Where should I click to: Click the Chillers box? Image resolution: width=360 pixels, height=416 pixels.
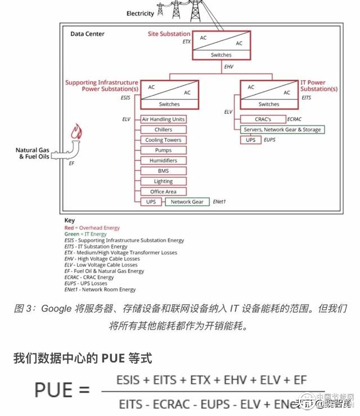coord(163,130)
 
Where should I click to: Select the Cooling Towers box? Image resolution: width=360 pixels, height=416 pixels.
coord(163,140)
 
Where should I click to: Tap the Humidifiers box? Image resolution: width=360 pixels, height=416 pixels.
coord(163,161)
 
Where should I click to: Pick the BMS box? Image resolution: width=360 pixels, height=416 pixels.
coord(163,171)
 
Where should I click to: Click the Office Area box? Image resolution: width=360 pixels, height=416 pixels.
coord(163,192)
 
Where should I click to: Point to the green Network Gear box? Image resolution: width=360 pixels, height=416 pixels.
coord(187,202)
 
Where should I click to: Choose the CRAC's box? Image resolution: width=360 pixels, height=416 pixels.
coord(263,119)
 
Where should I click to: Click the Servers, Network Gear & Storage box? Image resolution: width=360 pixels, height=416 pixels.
coord(282,130)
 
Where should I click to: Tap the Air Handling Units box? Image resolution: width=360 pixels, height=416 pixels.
coord(163,119)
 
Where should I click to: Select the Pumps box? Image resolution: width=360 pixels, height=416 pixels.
coord(163,151)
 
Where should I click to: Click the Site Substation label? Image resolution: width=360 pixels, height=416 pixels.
coord(169,34)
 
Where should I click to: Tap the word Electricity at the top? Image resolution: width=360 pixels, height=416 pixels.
coord(140,13)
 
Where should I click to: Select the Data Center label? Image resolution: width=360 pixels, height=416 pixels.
coord(87,34)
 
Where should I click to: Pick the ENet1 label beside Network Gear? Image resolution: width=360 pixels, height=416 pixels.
coord(219,201)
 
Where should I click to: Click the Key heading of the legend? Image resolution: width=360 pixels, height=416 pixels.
coord(69,220)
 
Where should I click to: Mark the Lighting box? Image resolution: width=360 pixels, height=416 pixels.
coord(163,182)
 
